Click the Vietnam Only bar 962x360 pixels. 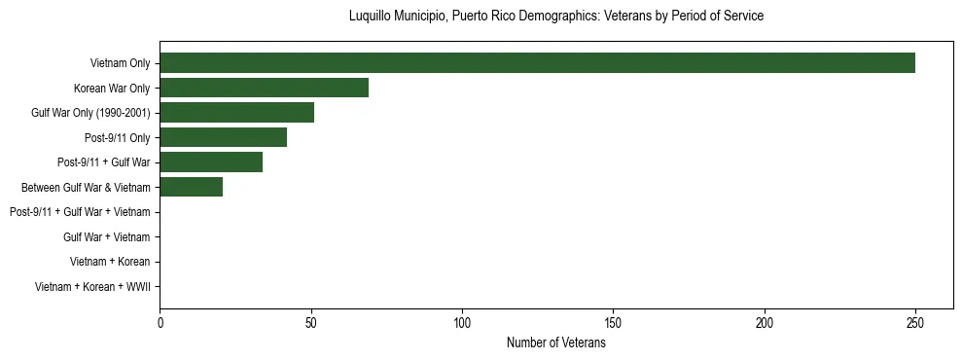click(537, 63)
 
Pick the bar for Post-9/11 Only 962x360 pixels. click(223, 138)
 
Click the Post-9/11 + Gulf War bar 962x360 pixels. click(211, 162)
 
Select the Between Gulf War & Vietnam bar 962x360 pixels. click(191, 188)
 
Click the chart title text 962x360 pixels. click(555, 17)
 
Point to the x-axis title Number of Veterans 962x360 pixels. click(555, 342)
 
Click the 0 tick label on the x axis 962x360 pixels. click(160, 323)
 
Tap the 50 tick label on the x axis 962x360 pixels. click(310, 323)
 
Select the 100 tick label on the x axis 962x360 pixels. click(462, 323)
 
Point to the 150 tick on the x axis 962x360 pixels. click(613, 323)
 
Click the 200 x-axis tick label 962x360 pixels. click(765, 323)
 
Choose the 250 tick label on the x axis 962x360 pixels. click(915, 323)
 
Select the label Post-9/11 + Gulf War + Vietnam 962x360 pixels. click(80, 212)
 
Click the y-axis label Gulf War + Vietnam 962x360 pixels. click(106, 237)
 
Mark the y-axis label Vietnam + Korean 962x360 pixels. click(110, 262)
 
